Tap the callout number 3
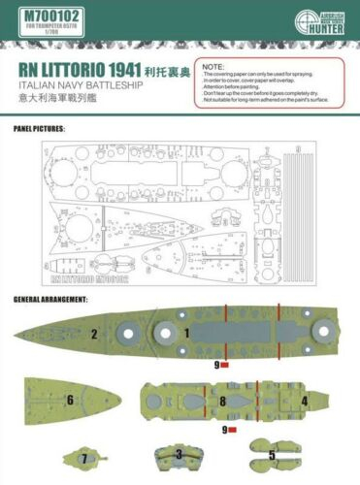pyautogui.click(x=179, y=453)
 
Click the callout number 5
pyautogui.click(x=273, y=454)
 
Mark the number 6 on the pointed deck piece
pyautogui.click(x=70, y=400)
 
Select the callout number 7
pyautogui.click(x=84, y=457)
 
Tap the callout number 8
pyautogui.click(x=222, y=400)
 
